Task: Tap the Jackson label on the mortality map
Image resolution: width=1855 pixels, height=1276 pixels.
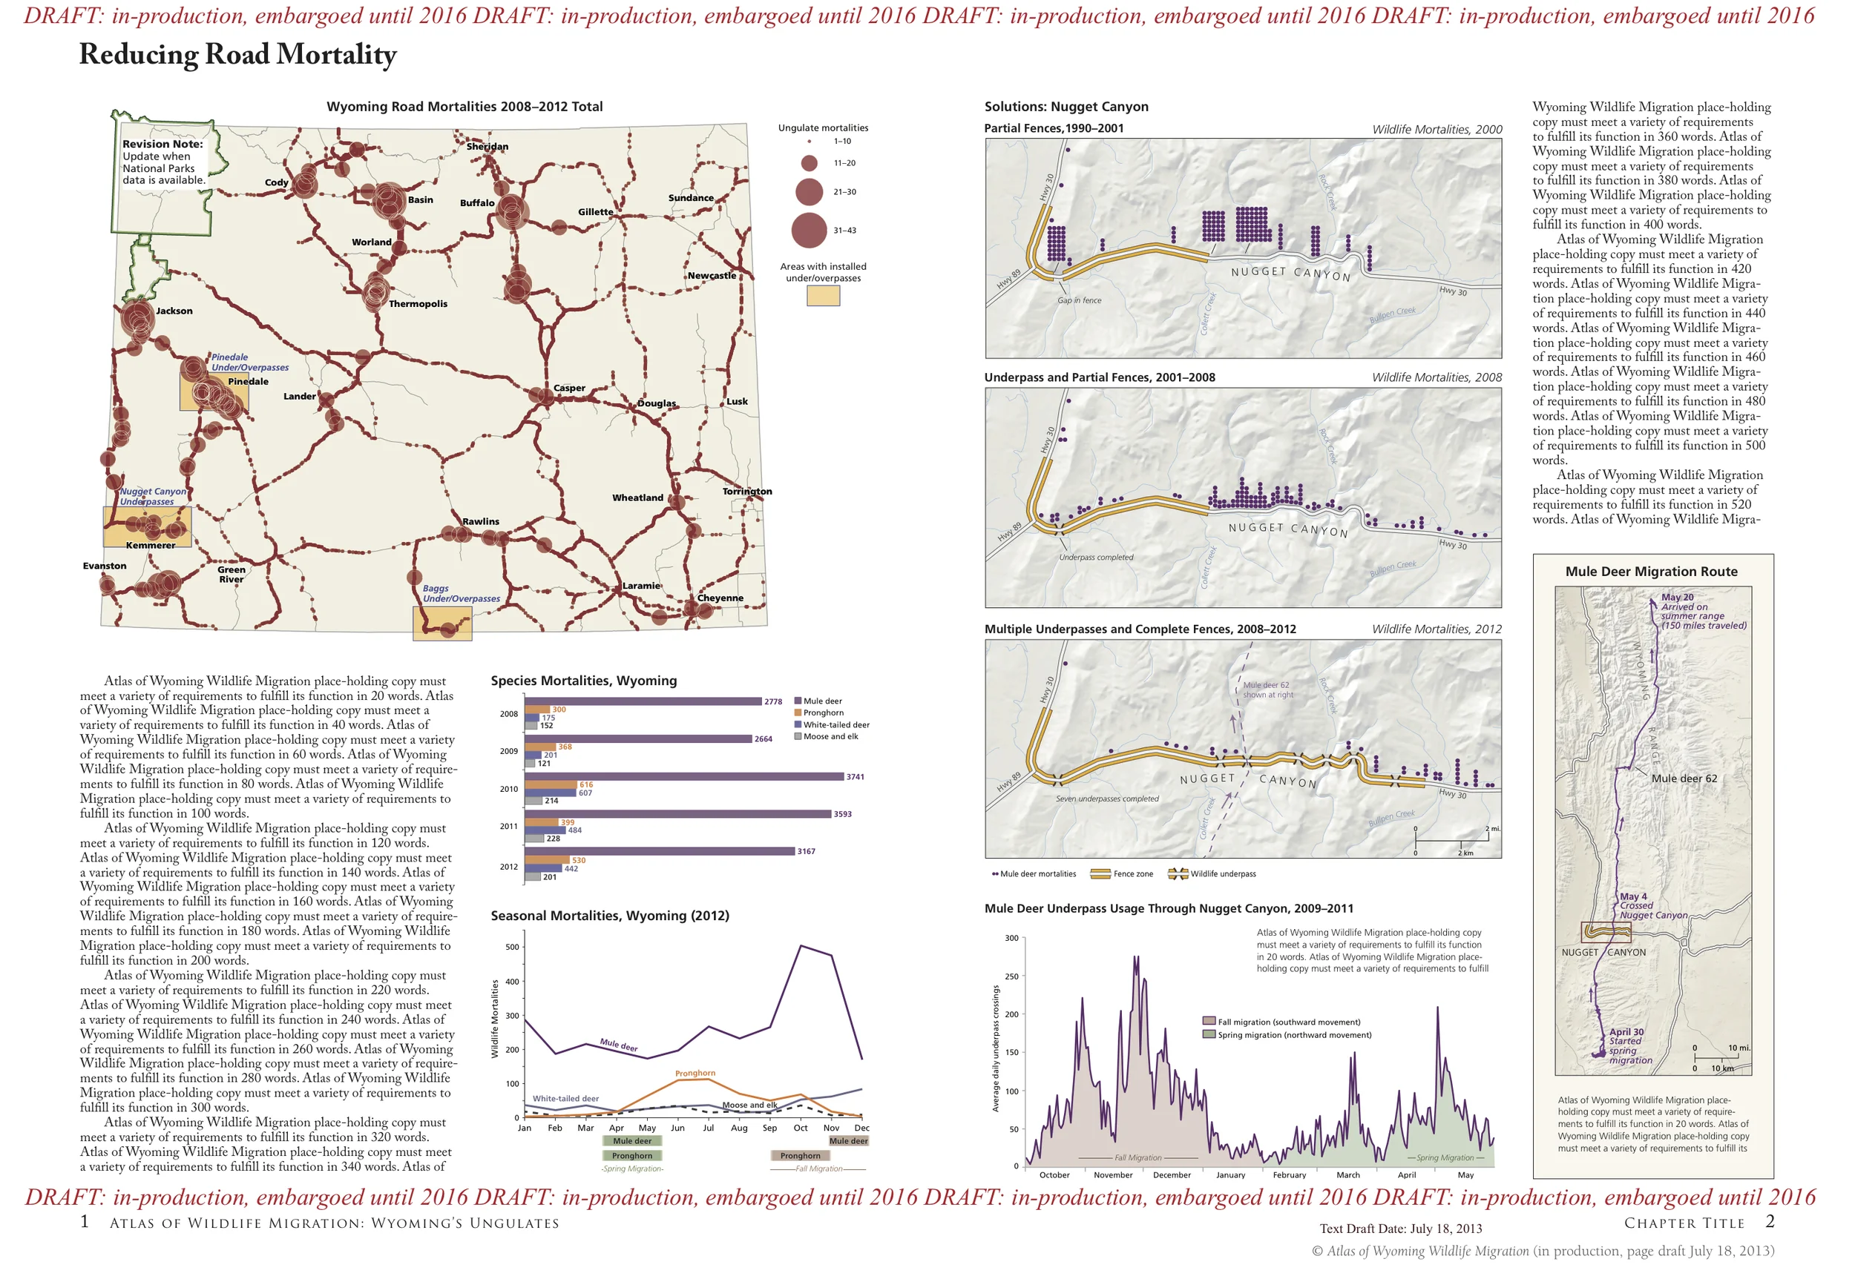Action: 174,311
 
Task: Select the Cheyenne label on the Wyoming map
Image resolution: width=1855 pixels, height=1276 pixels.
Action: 720,598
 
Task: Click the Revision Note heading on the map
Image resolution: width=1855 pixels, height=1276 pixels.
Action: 162,144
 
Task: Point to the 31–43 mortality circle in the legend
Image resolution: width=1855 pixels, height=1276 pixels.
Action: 809,231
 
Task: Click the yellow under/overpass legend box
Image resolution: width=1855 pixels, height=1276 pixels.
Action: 823,296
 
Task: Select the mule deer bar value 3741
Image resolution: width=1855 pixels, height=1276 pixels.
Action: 855,777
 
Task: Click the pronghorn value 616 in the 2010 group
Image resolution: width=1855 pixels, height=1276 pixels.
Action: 586,785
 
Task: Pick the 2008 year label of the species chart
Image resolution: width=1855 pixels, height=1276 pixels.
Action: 509,714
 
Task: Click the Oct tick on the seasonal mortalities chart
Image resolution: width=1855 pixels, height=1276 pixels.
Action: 800,1128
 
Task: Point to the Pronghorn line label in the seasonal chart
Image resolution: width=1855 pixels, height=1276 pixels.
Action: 695,1074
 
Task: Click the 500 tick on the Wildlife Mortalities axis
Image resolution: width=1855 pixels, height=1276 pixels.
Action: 512,948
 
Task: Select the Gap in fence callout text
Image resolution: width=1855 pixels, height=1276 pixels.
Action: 1079,300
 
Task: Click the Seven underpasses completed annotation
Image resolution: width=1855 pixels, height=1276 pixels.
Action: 1106,799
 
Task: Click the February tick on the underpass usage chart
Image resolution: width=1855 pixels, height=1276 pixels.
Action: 1289,1175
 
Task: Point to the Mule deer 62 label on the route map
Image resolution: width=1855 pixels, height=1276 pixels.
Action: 1684,779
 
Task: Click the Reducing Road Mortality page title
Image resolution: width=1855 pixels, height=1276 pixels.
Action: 237,54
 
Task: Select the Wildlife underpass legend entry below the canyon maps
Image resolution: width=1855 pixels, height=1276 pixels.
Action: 1221,874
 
